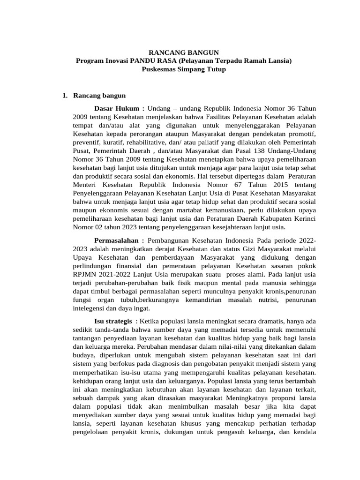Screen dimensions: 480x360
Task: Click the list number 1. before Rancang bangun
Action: click(65, 96)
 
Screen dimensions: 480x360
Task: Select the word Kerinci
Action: click(303, 218)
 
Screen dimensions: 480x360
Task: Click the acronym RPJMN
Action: click(86, 274)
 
